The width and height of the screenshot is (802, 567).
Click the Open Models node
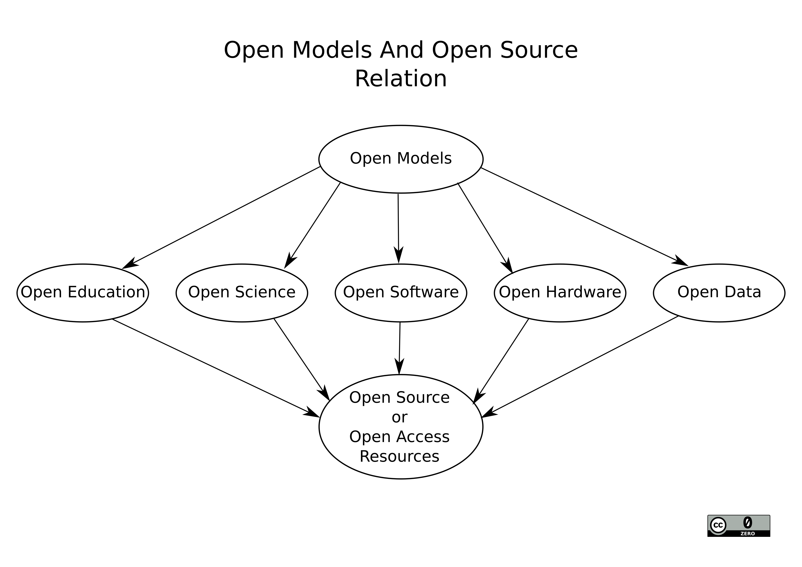401,159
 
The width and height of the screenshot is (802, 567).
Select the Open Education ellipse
83,293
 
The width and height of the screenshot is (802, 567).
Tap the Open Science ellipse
242,293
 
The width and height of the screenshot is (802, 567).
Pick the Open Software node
401,293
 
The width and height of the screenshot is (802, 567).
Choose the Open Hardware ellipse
560,293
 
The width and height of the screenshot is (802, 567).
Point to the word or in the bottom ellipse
399,417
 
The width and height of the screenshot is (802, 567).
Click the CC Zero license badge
738,526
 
